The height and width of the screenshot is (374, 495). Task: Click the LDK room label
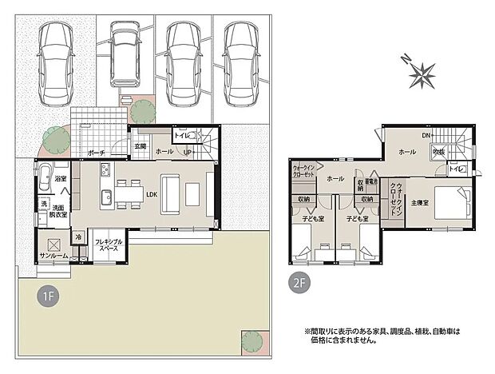pyautogui.click(x=150, y=192)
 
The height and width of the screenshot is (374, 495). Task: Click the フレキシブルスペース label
pyautogui.click(x=108, y=245)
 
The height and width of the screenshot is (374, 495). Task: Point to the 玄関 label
pyautogui.click(x=141, y=146)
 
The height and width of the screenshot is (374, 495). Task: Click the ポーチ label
pyautogui.click(x=97, y=152)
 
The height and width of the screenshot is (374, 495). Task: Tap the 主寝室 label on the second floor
pyautogui.click(x=422, y=203)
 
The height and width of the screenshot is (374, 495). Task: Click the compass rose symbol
pyautogui.click(x=421, y=75)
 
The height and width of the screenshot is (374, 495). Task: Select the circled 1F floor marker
pyautogui.click(x=48, y=296)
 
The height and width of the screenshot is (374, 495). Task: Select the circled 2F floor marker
pyautogui.click(x=299, y=281)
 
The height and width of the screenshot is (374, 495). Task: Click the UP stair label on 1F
pyautogui.click(x=188, y=152)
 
